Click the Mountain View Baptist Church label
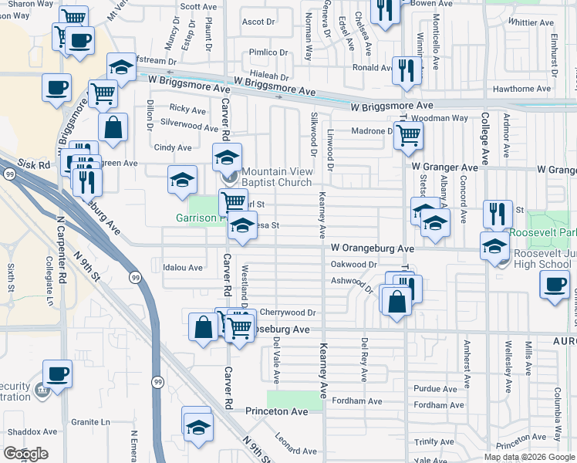click(276, 177)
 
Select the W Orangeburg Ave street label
click(373, 248)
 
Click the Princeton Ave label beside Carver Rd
click(276, 412)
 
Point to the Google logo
click(25, 454)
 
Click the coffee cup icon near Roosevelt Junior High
click(555, 284)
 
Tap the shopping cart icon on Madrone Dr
click(408, 135)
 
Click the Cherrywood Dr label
click(288, 313)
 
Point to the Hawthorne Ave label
click(522, 89)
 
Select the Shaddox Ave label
click(30, 431)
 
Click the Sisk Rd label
click(35, 164)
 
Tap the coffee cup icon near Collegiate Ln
click(57, 373)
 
